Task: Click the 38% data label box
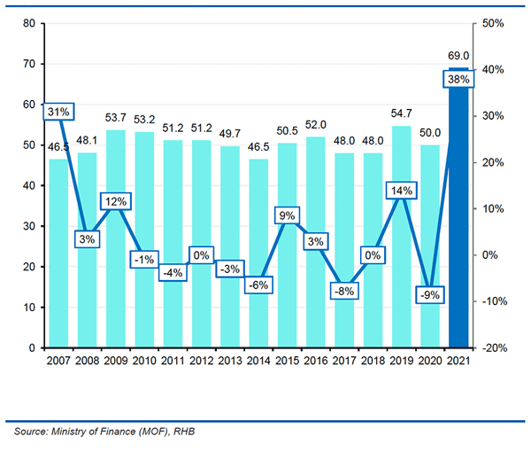[x=458, y=78]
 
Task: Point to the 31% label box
[x=58, y=112]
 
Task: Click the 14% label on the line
[x=401, y=191]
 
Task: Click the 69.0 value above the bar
[x=458, y=56]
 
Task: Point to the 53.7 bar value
[x=117, y=118]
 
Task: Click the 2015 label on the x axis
[x=287, y=361]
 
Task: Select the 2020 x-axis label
[x=429, y=361]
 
